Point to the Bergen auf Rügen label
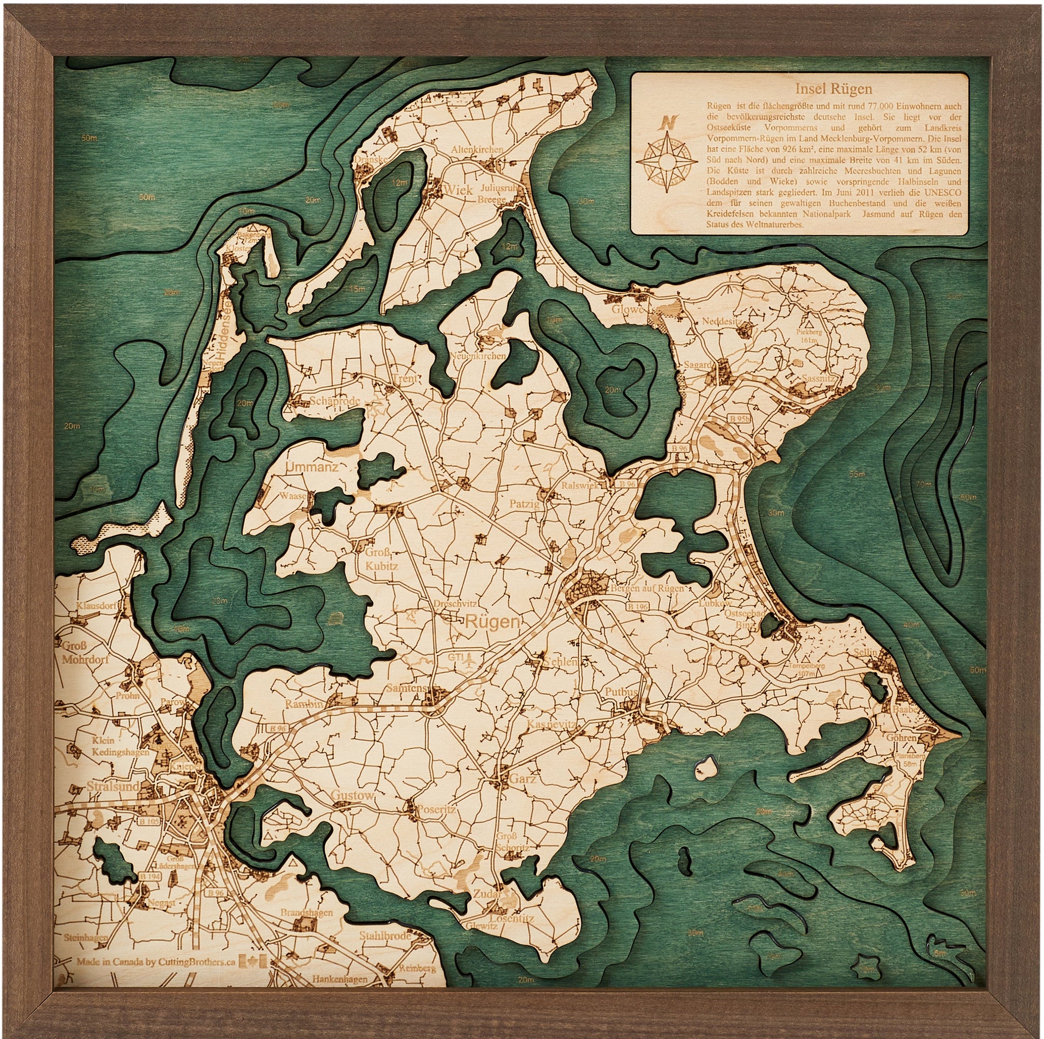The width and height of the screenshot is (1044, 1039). [x=647, y=588]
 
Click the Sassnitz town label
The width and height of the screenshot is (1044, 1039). [x=819, y=378]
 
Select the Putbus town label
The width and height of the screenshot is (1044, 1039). [x=621, y=692]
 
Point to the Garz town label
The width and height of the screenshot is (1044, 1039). [x=522, y=779]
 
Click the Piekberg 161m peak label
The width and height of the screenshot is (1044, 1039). [x=809, y=336]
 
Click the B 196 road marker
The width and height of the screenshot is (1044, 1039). [x=638, y=607]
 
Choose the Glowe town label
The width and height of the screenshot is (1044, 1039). [x=628, y=310]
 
